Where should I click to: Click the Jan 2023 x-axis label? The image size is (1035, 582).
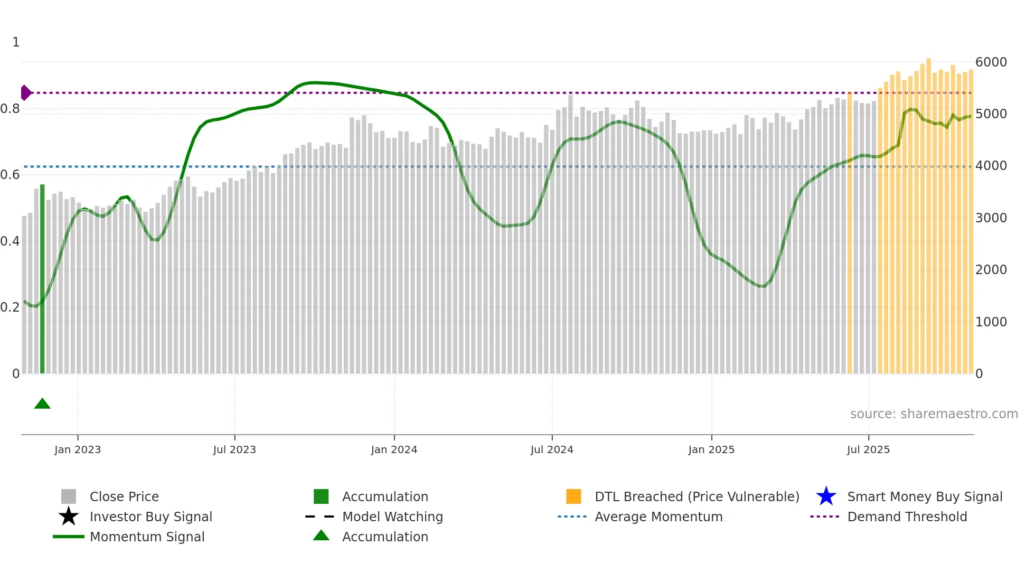click(x=78, y=449)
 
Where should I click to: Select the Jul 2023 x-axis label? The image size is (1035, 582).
click(x=234, y=449)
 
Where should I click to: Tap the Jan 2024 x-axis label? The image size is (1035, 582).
click(x=394, y=449)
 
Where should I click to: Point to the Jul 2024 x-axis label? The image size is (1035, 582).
click(x=552, y=449)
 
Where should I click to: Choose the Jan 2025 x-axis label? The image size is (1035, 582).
click(x=711, y=449)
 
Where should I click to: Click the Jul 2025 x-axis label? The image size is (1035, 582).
click(x=868, y=449)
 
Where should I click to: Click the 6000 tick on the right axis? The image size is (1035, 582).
click(x=991, y=62)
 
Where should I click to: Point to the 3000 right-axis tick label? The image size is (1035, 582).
click(x=991, y=218)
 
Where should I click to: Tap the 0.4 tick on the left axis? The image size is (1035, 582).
click(x=11, y=241)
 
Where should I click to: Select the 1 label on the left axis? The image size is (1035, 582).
click(x=16, y=42)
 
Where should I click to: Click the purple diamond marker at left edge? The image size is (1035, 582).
click(x=25, y=93)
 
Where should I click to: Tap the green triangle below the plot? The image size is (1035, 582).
click(x=42, y=404)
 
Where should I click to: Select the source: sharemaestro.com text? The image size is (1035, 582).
click(x=934, y=414)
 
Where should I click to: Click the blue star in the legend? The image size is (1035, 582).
click(x=826, y=496)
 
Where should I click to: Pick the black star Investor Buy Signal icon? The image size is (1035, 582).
click(x=69, y=517)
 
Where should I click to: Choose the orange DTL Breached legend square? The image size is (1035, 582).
click(x=573, y=496)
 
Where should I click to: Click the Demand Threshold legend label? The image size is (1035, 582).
click(x=907, y=517)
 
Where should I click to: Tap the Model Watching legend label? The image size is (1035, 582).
click(x=392, y=517)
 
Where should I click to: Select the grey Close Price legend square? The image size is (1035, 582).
click(x=69, y=496)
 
